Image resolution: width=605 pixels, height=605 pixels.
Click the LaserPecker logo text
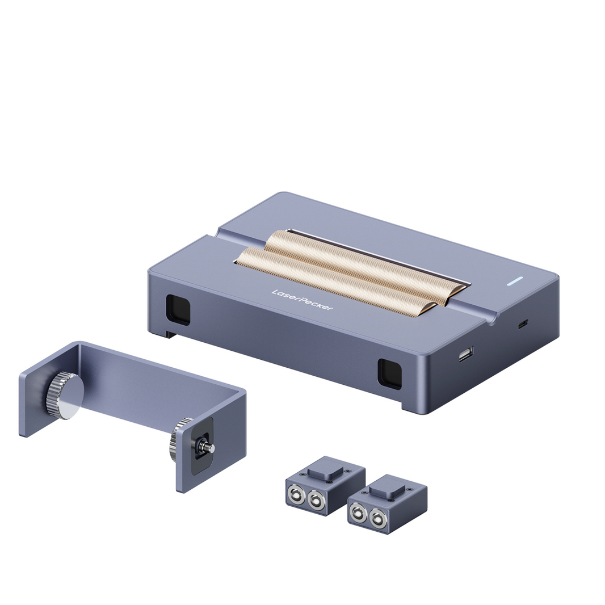tap(302, 300)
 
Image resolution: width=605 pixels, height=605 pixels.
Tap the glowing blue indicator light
tap(515, 281)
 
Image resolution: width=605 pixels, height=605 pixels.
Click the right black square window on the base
tap(389, 374)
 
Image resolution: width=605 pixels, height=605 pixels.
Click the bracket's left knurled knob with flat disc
tap(64, 395)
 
